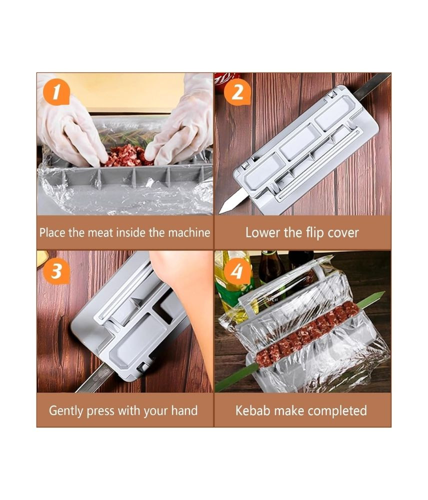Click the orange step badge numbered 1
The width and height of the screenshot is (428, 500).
(x=56, y=92)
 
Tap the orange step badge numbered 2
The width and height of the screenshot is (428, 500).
(x=237, y=92)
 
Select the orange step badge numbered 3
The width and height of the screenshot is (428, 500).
(x=56, y=270)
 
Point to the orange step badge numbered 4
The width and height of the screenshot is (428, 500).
(x=237, y=270)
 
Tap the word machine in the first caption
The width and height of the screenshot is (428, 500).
(x=189, y=232)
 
